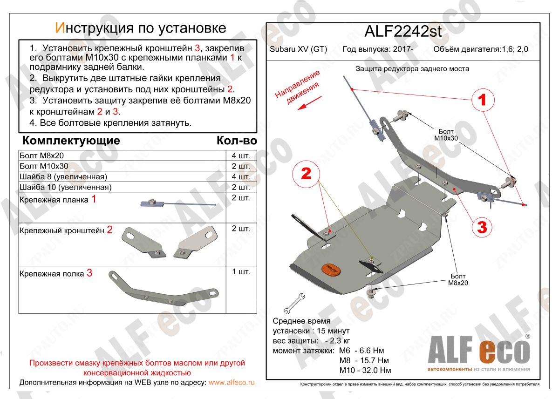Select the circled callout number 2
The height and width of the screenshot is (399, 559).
[x=306, y=174]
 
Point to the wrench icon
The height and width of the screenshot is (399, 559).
[x=293, y=303]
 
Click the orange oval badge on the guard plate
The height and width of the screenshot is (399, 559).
[x=330, y=270]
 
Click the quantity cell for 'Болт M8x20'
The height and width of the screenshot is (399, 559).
[x=241, y=156]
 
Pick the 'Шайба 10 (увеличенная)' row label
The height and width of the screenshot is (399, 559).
[x=65, y=187]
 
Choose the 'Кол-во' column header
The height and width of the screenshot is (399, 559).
[x=236, y=141]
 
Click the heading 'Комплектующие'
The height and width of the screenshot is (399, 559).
[x=71, y=141]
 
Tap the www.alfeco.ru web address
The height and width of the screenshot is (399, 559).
[x=232, y=382]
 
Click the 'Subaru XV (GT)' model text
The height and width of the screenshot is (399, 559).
[x=299, y=49]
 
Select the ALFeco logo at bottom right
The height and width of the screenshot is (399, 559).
[x=478, y=352]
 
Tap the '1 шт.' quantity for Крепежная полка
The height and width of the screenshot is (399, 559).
[x=241, y=271]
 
